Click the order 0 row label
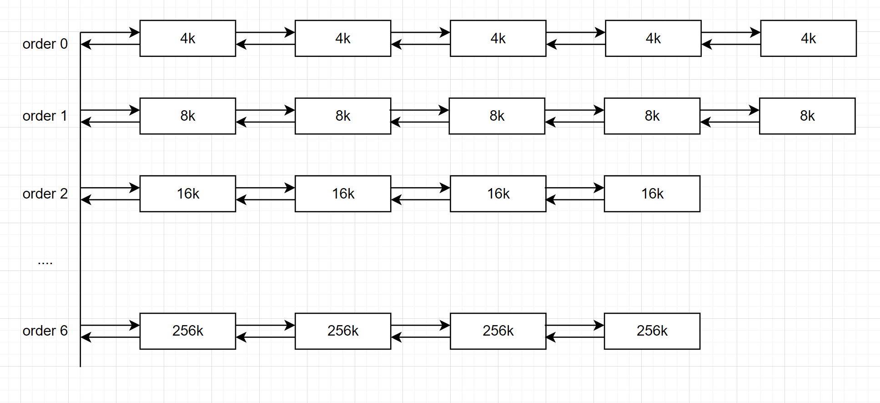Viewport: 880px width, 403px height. click(45, 44)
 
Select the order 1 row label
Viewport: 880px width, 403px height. click(45, 116)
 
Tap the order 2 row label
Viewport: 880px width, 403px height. click(45, 194)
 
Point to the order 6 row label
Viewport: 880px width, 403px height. click(45, 331)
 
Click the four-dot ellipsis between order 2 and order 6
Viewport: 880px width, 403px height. click(45, 263)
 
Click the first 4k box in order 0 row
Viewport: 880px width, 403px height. click(187, 38)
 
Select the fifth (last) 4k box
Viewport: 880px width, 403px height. click(808, 38)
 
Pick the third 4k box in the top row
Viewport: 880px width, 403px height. click(498, 38)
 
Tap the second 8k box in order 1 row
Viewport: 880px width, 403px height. click(342, 116)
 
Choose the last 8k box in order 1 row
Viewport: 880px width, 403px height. click(807, 116)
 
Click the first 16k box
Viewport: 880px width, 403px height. click(187, 194)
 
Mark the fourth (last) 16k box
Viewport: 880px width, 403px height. click(652, 194)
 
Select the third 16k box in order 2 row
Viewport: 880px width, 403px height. click(498, 194)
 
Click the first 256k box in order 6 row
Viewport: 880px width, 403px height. click(187, 331)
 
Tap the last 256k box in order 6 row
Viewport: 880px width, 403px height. click(652, 331)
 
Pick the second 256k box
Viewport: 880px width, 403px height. click(342, 331)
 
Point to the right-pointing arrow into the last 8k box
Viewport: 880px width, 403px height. click(729, 110)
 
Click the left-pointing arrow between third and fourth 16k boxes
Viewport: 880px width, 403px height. click(575, 199)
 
